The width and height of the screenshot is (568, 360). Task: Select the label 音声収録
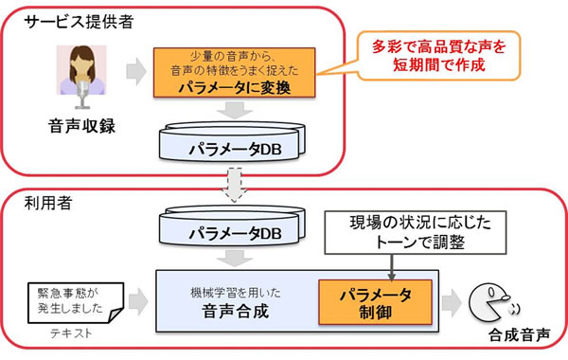pyautogui.click(x=83, y=125)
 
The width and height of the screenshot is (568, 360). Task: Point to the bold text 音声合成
pyautogui.click(x=223, y=311)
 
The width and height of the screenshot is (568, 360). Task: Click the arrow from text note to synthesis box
pyautogui.click(x=136, y=300)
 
